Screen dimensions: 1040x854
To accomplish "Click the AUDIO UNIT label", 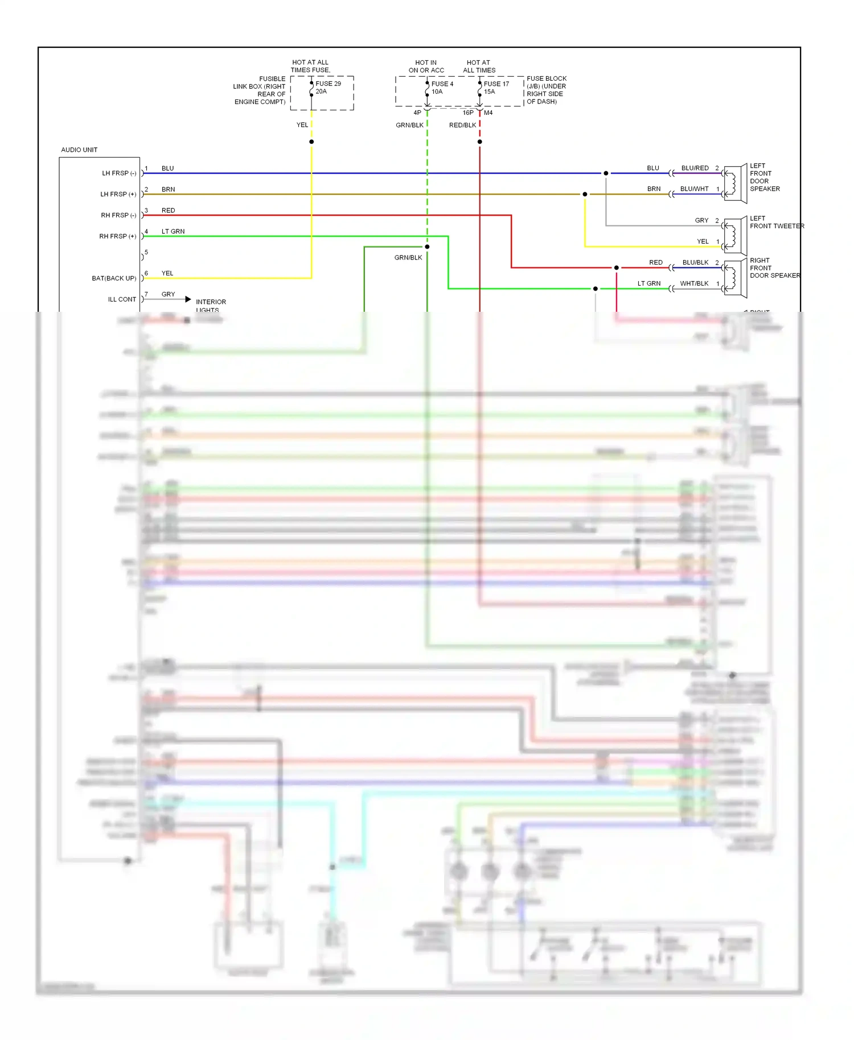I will (79, 150).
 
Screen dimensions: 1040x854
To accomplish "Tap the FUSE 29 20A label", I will (328, 88).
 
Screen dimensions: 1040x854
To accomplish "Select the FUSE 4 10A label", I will (442, 88).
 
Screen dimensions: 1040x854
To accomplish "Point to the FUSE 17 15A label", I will (496, 88).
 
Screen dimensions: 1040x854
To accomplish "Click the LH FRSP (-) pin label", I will (119, 174).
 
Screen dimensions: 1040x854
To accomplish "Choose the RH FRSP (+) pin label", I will (118, 237).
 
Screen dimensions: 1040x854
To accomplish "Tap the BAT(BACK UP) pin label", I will (114, 279).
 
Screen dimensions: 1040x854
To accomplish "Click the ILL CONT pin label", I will (122, 300).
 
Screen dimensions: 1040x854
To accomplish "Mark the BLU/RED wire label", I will (695, 168).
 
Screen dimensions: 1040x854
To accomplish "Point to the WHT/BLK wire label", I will (694, 284).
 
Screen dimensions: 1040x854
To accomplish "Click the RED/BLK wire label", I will (462, 126).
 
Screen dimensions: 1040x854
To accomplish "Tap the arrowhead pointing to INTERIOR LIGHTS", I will (188, 299).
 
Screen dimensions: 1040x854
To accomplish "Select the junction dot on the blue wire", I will (606, 174).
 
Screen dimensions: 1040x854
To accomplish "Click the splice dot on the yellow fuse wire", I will (311, 142).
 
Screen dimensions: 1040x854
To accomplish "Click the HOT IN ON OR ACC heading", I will (426, 67).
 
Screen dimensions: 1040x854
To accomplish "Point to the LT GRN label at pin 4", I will (173, 232).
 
